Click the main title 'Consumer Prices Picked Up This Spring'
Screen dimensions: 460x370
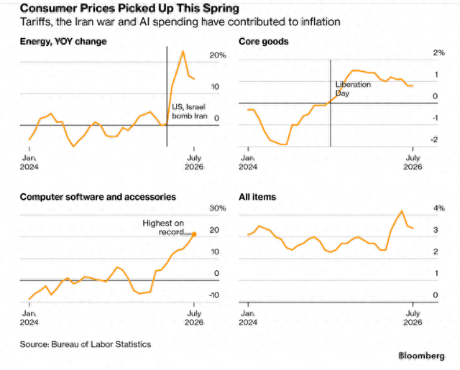[129, 8]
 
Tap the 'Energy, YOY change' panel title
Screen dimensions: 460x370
[63, 42]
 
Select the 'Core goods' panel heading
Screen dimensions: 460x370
[264, 42]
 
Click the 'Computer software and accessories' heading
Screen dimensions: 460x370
[98, 197]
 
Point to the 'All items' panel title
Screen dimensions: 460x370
[257, 197]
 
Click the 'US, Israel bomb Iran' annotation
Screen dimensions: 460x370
[190, 111]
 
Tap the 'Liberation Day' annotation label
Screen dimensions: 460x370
[353, 89]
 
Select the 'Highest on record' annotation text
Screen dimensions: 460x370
[163, 228]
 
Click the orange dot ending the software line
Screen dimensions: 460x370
[194, 234]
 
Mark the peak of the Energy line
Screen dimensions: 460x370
[183, 51]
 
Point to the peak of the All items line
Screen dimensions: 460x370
[402, 211]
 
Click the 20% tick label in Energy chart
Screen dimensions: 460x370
[218, 55]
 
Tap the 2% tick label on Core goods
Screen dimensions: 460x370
[439, 52]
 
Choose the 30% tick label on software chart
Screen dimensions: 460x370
[218, 208]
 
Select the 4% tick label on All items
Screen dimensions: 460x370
[439, 208]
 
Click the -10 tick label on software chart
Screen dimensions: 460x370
[214, 295]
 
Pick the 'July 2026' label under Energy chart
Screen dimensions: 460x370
[194, 162]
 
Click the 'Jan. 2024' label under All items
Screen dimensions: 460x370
[248, 318]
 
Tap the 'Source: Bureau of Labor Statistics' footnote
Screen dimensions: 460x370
[86, 344]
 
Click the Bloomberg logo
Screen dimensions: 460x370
[421, 356]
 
